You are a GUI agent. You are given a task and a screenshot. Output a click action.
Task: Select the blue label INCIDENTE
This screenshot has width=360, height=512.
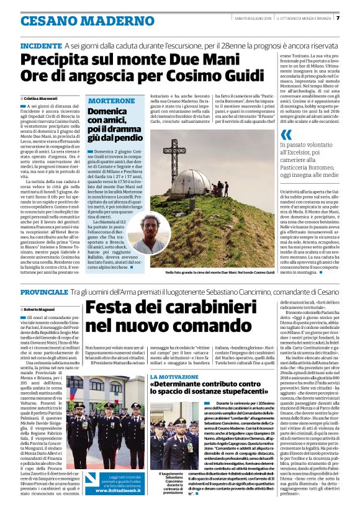(41, 46)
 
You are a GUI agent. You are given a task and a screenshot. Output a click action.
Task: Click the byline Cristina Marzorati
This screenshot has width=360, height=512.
(40, 98)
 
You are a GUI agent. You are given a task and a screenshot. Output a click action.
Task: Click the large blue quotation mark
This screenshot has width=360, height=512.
(286, 135)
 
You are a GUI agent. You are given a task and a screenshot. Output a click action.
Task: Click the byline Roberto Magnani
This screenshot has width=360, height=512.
(39, 308)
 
